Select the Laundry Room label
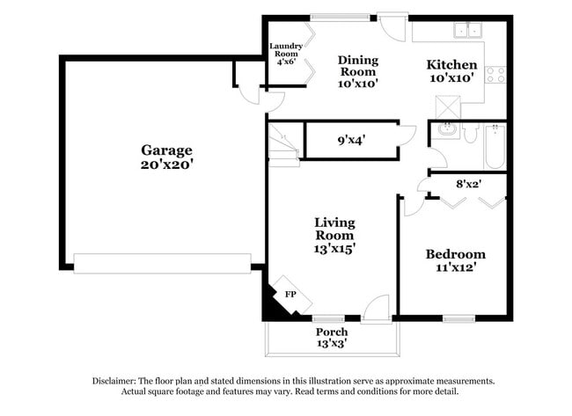coord(286,53)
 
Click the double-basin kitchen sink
coord(468,31)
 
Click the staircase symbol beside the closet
coord(284,143)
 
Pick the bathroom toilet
coord(470,133)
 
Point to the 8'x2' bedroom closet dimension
coord(467,185)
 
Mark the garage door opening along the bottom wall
coord(162,262)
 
